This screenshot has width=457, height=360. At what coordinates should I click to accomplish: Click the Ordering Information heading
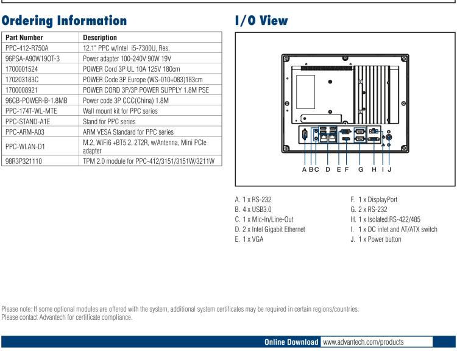pos(65,20)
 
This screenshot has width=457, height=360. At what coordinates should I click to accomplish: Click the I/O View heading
pos(261,20)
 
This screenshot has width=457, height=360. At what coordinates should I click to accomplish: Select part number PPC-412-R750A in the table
pos(27,48)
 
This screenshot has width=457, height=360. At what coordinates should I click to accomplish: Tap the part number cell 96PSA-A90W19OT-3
pos(32,59)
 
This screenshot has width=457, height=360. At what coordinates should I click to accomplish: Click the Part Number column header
pos(24,38)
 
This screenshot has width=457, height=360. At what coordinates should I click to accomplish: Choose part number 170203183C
pos(22,79)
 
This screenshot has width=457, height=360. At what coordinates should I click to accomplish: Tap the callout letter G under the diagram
pos(360,169)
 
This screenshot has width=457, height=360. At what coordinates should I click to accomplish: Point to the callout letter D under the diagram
pos(327,169)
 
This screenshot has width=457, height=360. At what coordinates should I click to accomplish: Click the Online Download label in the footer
pos(291,342)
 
